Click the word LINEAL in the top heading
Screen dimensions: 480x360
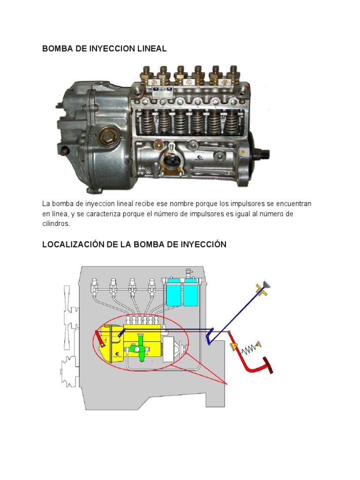point(151,49)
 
